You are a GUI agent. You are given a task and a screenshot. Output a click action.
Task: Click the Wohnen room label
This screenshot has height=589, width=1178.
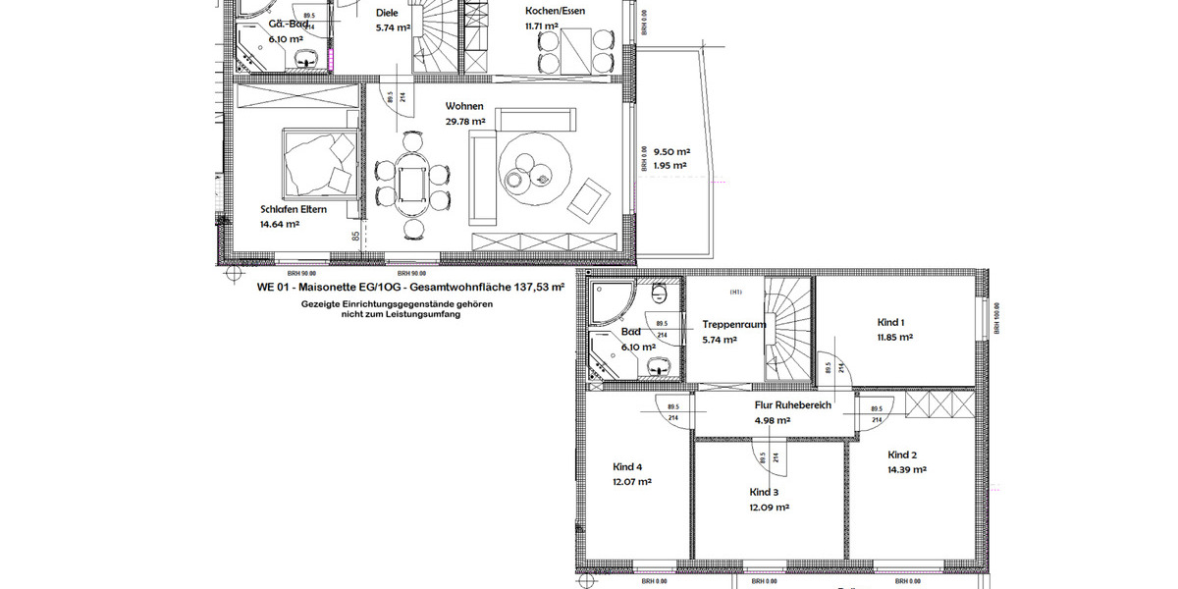tap(464, 106)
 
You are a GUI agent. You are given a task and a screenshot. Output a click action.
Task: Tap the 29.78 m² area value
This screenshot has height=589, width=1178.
tap(465, 122)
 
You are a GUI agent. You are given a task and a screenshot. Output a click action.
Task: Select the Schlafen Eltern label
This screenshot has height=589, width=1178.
tap(294, 209)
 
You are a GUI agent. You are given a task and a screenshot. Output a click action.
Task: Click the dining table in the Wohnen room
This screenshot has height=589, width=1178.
tap(408, 183)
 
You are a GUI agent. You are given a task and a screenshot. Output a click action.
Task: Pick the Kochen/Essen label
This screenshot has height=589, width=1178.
tap(555, 12)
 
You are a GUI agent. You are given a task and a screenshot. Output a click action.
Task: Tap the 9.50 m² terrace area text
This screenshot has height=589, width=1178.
tap(671, 152)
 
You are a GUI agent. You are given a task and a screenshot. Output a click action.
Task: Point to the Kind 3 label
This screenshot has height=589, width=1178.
tap(764, 492)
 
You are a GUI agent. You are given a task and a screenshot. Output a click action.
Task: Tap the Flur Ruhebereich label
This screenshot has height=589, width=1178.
tap(792, 404)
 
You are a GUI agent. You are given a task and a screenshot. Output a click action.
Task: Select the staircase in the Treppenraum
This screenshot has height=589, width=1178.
tap(789, 328)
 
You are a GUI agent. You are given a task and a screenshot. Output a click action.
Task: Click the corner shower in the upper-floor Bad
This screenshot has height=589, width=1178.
tap(609, 299)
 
